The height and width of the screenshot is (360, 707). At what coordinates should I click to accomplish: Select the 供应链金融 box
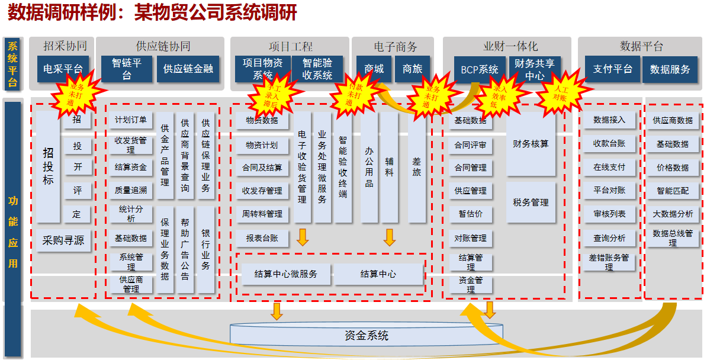pos(188,69)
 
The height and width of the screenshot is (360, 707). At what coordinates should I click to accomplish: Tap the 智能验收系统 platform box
pos(317,69)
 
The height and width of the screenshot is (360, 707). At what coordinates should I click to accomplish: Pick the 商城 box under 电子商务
pos(374,69)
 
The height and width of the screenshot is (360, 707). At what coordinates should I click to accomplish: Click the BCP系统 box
pos(480,69)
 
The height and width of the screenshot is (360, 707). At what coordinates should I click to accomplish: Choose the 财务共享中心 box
pos(535,69)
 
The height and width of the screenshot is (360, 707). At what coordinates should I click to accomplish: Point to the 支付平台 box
pos(612,69)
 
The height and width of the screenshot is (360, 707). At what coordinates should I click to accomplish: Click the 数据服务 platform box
pos(670,69)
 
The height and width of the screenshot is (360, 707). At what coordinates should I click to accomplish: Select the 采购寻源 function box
pos(63,240)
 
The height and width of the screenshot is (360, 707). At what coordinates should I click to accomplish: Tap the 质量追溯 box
pos(131,191)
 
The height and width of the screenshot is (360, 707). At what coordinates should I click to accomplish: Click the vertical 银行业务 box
pos(206,249)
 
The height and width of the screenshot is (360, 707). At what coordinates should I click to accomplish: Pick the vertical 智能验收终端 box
pos(343,167)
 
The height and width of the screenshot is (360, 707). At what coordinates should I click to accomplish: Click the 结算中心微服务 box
pos(286,274)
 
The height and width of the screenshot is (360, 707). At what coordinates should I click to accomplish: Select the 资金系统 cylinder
pos(367,336)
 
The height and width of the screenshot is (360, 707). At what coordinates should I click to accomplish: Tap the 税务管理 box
pos(531,202)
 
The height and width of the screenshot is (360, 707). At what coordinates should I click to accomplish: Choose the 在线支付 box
pos(609,167)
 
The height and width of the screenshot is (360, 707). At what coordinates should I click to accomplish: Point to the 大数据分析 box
pos(673,214)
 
